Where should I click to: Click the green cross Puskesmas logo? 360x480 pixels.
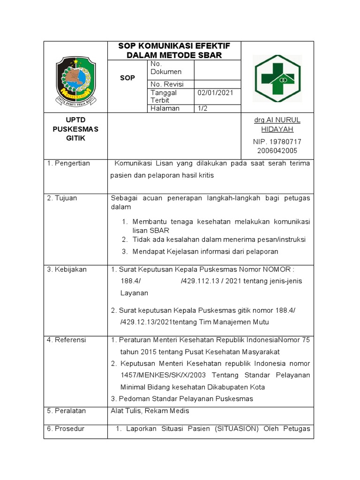278,78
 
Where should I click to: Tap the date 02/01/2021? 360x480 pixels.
215,93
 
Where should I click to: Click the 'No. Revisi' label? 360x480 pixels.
167,84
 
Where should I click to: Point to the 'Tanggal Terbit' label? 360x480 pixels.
164,97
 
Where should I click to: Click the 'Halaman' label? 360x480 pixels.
165,108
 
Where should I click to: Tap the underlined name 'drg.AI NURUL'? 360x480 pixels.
277,120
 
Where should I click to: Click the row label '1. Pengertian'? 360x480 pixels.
68,163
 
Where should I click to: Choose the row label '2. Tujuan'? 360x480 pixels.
62,198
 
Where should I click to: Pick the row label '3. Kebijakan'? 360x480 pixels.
67,269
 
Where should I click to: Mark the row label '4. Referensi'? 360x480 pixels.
67,340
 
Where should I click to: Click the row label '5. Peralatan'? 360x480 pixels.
66,411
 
